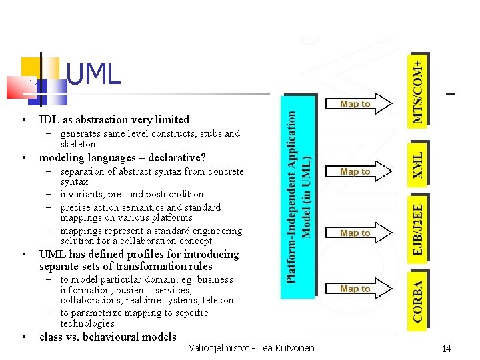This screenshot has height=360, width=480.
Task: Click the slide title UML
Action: pos(94,75)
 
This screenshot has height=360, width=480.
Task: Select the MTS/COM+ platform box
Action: pos(417,89)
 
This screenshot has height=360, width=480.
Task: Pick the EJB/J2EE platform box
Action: pos(417,225)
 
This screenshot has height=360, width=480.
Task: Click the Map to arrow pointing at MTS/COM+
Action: pos(357,104)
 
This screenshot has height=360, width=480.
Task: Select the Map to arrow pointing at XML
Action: pos(357,172)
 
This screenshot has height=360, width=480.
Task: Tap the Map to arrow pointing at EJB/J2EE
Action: pos(357,233)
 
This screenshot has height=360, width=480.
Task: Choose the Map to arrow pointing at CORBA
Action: pos(357,289)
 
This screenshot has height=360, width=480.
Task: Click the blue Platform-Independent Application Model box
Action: pos(297,195)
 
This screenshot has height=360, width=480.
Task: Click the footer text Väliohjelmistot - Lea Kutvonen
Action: pos(251,347)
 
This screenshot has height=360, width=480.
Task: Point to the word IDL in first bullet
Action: pos(48,120)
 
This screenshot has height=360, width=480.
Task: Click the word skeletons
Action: pos(80,144)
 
